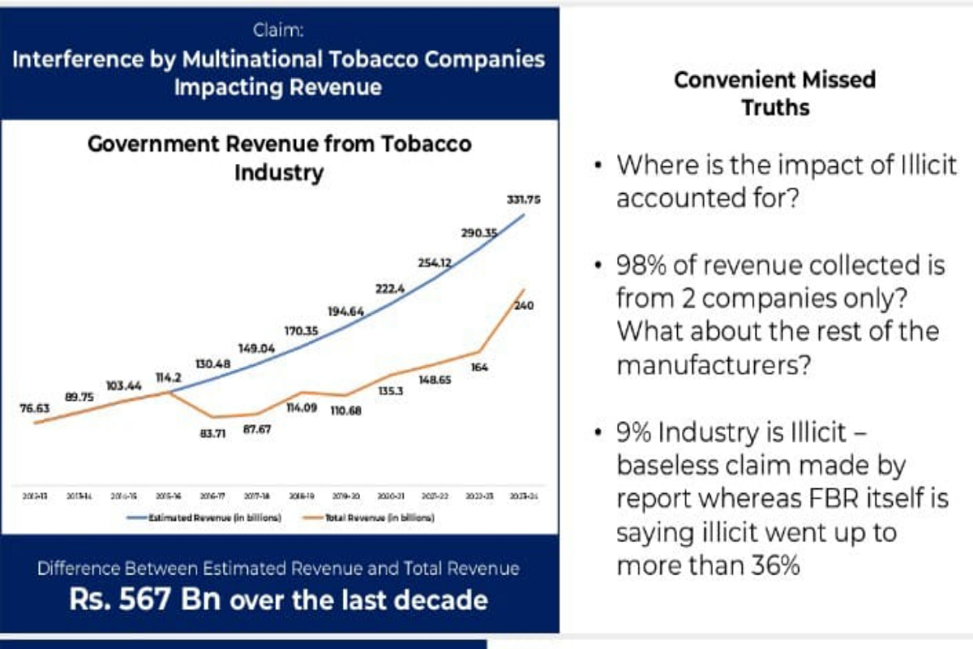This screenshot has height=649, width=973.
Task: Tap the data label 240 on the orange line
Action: pos(522,306)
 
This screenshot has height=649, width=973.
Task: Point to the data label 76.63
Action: pos(35,410)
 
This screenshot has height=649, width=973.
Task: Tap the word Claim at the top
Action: pos(278,32)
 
